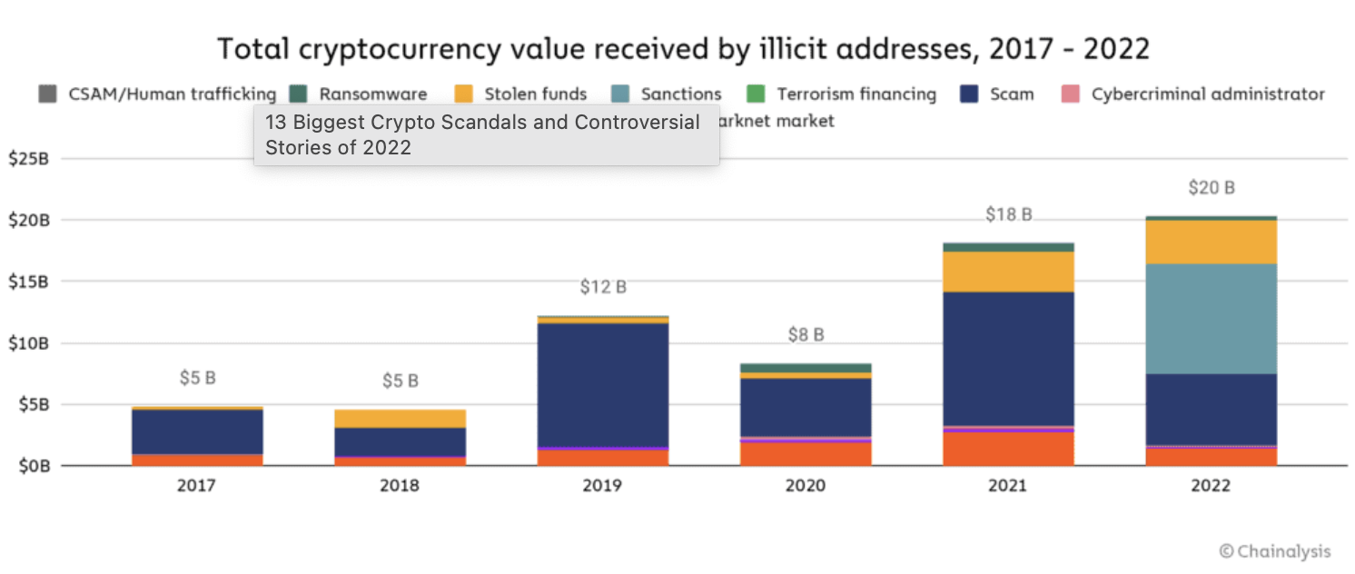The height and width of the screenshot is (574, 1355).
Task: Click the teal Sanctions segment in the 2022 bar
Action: coord(1211,318)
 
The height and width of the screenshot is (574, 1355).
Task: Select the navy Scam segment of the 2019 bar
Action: coord(603,384)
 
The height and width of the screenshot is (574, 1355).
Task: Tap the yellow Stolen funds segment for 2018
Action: coord(400,418)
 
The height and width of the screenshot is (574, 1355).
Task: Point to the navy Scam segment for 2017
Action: coord(197,431)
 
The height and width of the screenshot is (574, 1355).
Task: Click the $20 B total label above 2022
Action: coord(1212,188)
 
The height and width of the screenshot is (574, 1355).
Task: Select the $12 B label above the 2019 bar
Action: coord(603,287)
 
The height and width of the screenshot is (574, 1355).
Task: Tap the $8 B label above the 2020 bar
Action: coord(806,334)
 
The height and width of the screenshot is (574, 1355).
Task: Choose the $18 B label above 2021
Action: coord(1008,214)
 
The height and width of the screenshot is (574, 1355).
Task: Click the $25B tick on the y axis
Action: coord(28,159)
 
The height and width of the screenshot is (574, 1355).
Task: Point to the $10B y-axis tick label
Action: coord(28,343)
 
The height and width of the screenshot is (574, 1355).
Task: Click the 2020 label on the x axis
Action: coord(806,486)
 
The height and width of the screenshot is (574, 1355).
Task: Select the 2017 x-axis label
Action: coord(197,486)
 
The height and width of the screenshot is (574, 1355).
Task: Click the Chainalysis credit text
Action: coord(1275,550)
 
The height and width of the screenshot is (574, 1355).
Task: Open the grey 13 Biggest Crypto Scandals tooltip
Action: coord(486,134)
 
